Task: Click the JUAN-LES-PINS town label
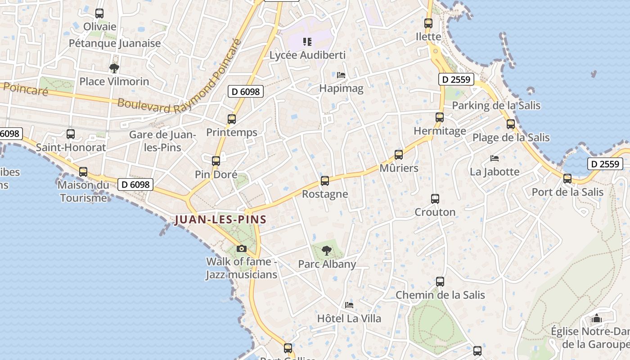pyautogui.click(x=220, y=220)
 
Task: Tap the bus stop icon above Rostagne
pyautogui.click(x=325, y=181)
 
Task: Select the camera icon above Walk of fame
pyautogui.click(x=242, y=248)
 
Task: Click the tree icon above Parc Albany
pyautogui.click(x=327, y=250)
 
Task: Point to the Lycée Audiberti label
pyautogui.click(x=307, y=55)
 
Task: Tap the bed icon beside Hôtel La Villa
pyautogui.click(x=349, y=305)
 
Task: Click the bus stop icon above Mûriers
pyautogui.click(x=399, y=155)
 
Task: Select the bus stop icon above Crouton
pyautogui.click(x=435, y=198)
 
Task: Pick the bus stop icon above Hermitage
pyautogui.click(x=440, y=117)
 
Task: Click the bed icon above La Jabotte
pyautogui.click(x=495, y=158)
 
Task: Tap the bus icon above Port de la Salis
pyautogui.click(x=567, y=179)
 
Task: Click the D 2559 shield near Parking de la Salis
pyautogui.click(x=456, y=80)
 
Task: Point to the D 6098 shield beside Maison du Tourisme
pyautogui.click(x=135, y=184)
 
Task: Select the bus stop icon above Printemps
pyautogui.click(x=232, y=119)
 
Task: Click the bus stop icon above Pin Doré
pyautogui.click(x=216, y=161)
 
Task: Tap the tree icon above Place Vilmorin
pyautogui.click(x=114, y=68)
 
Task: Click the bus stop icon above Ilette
pyautogui.click(x=428, y=23)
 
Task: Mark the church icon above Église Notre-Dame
pyautogui.click(x=597, y=319)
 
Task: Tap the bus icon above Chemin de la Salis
pyautogui.click(x=440, y=282)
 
